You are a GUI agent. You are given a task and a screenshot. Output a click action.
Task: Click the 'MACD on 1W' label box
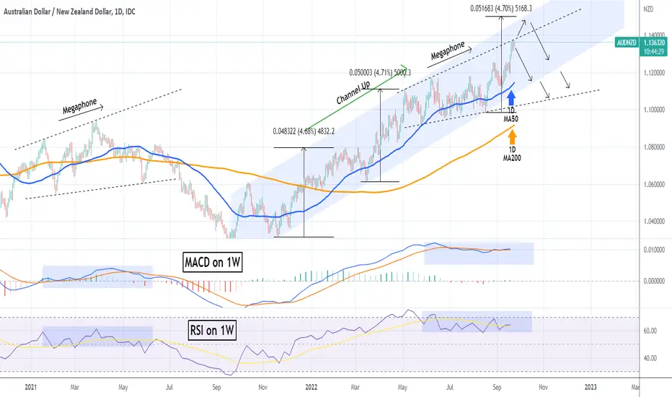click(x=213, y=262)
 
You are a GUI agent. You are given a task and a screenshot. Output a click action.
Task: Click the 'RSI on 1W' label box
click(x=213, y=330)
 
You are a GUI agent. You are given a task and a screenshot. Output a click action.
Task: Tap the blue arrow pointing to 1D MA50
click(x=511, y=98)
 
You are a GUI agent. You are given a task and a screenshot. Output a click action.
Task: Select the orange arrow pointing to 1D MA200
click(x=512, y=137)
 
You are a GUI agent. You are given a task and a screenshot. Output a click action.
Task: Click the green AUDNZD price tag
click(x=641, y=47)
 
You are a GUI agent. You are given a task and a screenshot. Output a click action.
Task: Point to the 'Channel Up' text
click(x=353, y=92)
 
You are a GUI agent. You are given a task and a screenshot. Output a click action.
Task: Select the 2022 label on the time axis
click(x=311, y=387)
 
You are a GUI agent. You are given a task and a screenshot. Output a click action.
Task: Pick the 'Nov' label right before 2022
click(x=262, y=387)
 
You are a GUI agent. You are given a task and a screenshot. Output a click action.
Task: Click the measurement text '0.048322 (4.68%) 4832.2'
click(x=304, y=131)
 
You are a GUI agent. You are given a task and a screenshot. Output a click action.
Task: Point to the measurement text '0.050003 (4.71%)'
click(x=370, y=72)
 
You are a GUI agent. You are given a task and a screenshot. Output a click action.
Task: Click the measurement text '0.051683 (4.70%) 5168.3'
click(x=501, y=8)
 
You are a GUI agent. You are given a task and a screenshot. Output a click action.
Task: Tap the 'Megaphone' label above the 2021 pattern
click(x=80, y=106)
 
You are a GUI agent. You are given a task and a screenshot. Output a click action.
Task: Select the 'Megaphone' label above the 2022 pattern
click(x=448, y=51)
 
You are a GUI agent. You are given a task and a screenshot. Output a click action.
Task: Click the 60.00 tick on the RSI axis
click(x=650, y=331)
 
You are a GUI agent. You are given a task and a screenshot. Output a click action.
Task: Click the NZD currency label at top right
click(x=648, y=9)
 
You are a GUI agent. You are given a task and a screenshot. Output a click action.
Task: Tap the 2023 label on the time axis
click(x=591, y=387)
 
